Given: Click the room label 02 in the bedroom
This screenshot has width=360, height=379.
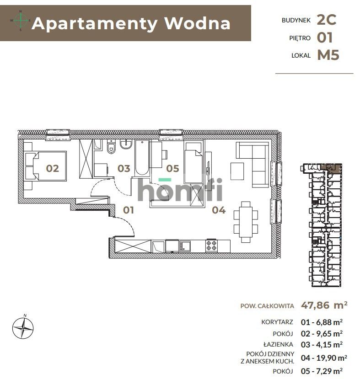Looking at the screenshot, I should (x=53, y=168).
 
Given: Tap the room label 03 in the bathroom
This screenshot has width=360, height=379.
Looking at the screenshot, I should (x=124, y=168).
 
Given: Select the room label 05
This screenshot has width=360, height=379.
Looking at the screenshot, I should (x=172, y=168).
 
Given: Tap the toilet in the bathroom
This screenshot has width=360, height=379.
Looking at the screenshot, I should (x=110, y=149).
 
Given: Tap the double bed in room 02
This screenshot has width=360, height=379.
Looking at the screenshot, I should (x=46, y=166).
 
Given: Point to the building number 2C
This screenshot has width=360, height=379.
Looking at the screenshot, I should (x=327, y=19).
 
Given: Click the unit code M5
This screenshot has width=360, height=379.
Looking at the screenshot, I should (x=328, y=55).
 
